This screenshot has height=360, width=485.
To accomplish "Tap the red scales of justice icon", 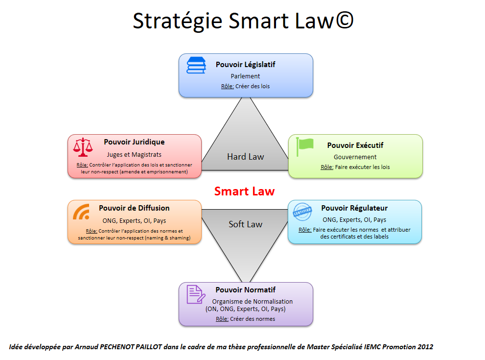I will tap(82, 146).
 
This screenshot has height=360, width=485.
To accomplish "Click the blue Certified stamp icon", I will tap(302, 212).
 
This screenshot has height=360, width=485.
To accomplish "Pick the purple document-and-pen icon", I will tap(196, 294).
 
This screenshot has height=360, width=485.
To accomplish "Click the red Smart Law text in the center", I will tap(244, 191).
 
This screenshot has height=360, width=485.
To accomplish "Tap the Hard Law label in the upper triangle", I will tap(245, 157).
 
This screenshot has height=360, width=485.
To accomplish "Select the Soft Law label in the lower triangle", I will tap(245, 224).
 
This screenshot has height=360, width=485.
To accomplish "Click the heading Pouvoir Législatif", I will tap(245, 64).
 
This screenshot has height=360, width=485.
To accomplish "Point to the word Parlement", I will tap(245, 76).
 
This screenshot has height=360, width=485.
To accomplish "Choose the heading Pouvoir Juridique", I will tap(134, 142).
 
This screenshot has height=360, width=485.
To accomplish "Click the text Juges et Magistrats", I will tap(134, 154).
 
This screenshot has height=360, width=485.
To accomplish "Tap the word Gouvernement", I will tap(355, 157).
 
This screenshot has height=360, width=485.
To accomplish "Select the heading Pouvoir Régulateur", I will tap(354, 208).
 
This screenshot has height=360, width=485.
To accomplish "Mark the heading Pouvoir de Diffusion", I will tap(134, 208).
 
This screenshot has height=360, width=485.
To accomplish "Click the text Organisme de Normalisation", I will tap(252, 301).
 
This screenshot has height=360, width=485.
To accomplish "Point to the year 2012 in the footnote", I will tap(425, 347).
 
